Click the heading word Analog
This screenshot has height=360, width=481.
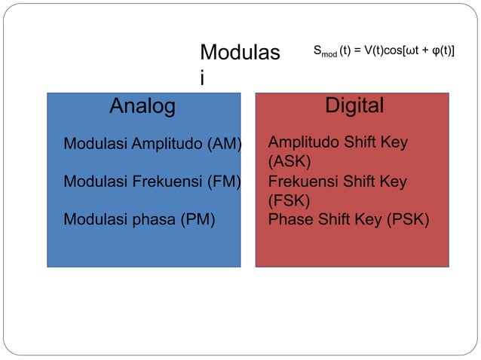(142, 106)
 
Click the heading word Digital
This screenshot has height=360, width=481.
(354, 105)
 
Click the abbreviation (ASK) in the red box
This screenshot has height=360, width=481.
(289, 162)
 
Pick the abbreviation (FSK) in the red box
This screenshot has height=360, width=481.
(289, 200)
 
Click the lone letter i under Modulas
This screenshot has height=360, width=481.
(202, 78)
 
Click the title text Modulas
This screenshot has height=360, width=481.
(239, 53)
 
